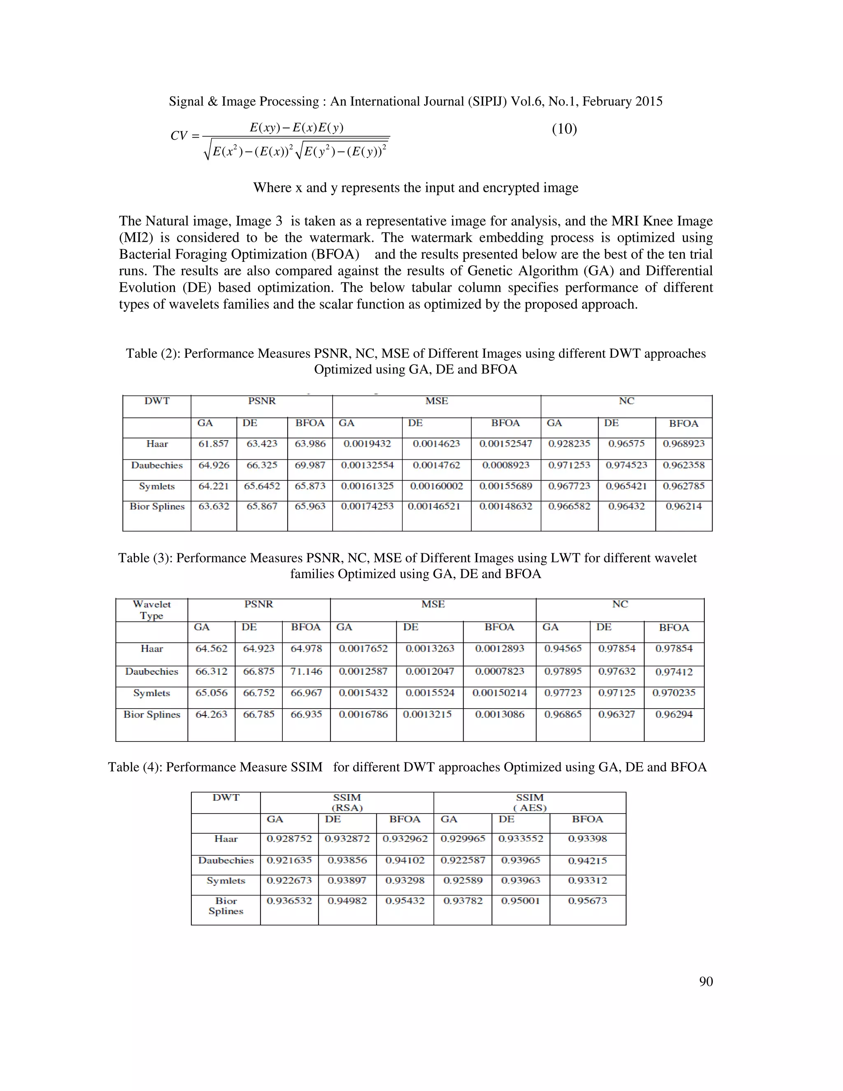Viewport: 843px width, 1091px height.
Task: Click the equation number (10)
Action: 564,129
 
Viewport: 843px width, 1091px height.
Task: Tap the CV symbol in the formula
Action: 179,135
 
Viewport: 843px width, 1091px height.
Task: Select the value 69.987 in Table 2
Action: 310,465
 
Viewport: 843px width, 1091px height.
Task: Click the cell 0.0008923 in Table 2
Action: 505,465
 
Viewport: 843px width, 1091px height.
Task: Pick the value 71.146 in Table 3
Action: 306,671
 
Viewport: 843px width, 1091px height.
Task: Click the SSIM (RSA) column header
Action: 347,802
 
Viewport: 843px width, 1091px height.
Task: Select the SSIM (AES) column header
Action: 529,802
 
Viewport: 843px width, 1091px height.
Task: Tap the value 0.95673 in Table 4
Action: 587,901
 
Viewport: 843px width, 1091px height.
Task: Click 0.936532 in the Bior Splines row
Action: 289,901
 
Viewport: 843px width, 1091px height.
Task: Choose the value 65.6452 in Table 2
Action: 262,486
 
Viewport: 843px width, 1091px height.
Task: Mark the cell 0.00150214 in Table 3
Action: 499,693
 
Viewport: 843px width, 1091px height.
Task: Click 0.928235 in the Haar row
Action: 569,443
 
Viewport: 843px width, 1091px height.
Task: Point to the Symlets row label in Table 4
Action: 226,881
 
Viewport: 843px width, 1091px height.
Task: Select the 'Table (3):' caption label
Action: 145,558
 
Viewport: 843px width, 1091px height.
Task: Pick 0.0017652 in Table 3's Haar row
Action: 363,648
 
